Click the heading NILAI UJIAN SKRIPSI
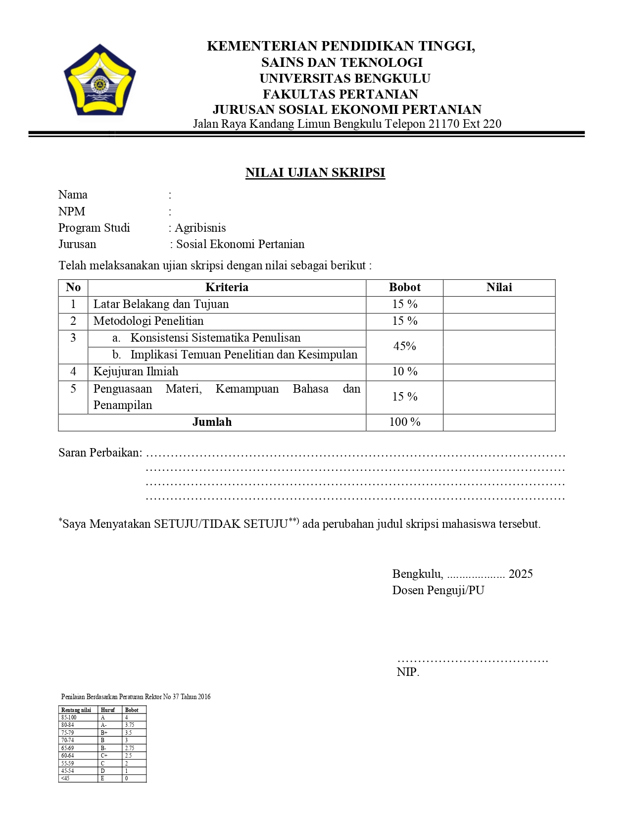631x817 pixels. [315, 172]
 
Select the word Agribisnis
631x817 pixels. [200, 228]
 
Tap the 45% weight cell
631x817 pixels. [404, 346]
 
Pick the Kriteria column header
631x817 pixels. [227, 287]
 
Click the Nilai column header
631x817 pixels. [499, 287]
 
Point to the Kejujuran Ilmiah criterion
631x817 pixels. [136, 371]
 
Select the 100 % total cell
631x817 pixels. [404, 422]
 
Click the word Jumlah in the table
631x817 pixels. [212, 422]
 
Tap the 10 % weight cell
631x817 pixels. [404, 371]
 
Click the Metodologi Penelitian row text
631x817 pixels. [148, 321]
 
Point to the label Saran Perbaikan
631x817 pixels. [100, 453]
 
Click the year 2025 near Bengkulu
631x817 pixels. [521, 574]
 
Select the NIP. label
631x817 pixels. [408, 672]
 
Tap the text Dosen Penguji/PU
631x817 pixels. [438, 590]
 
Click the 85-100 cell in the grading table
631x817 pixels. [69, 717]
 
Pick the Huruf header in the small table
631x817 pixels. [107, 710]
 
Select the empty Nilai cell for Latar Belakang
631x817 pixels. [499, 305]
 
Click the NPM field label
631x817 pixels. [72, 211]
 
